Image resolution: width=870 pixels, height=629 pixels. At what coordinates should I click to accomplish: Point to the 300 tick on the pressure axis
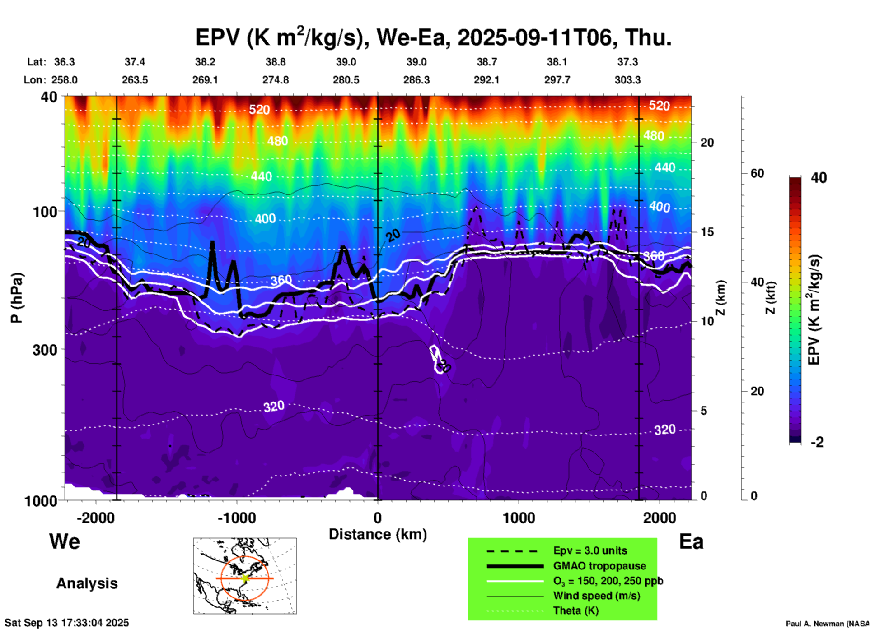tap(45, 350)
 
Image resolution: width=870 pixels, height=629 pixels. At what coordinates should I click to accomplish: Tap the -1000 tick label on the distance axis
tap(236, 518)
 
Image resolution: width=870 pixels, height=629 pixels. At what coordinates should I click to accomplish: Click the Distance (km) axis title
tap(378, 534)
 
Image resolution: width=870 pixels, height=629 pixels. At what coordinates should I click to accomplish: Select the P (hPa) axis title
tap(17, 298)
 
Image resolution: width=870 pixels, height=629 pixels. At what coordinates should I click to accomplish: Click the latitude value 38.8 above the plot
tap(276, 62)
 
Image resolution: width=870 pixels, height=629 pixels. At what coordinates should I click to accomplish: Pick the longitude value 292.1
tap(486, 80)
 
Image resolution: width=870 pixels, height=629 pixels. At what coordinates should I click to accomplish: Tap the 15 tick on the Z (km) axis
tap(707, 232)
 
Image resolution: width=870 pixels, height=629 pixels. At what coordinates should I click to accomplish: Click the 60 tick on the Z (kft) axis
tap(757, 173)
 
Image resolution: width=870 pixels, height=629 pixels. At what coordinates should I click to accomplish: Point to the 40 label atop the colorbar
tap(819, 178)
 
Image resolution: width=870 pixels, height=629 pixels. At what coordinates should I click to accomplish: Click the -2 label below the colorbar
tap(817, 442)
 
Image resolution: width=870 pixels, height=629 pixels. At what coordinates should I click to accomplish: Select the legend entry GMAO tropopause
tap(599, 566)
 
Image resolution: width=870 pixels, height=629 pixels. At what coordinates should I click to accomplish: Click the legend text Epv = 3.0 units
tap(590, 550)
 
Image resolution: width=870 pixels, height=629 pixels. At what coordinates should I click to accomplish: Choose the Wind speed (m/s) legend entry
tap(596, 596)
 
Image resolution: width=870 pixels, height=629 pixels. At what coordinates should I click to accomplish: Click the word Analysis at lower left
tap(87, 583)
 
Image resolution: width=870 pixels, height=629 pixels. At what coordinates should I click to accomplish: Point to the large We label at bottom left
tap(65, 541)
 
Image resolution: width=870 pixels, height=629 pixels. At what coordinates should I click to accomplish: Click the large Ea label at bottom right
tap(691, 541)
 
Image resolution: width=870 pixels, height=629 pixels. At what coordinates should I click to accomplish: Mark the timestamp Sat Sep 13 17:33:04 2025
tap(66, 623)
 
